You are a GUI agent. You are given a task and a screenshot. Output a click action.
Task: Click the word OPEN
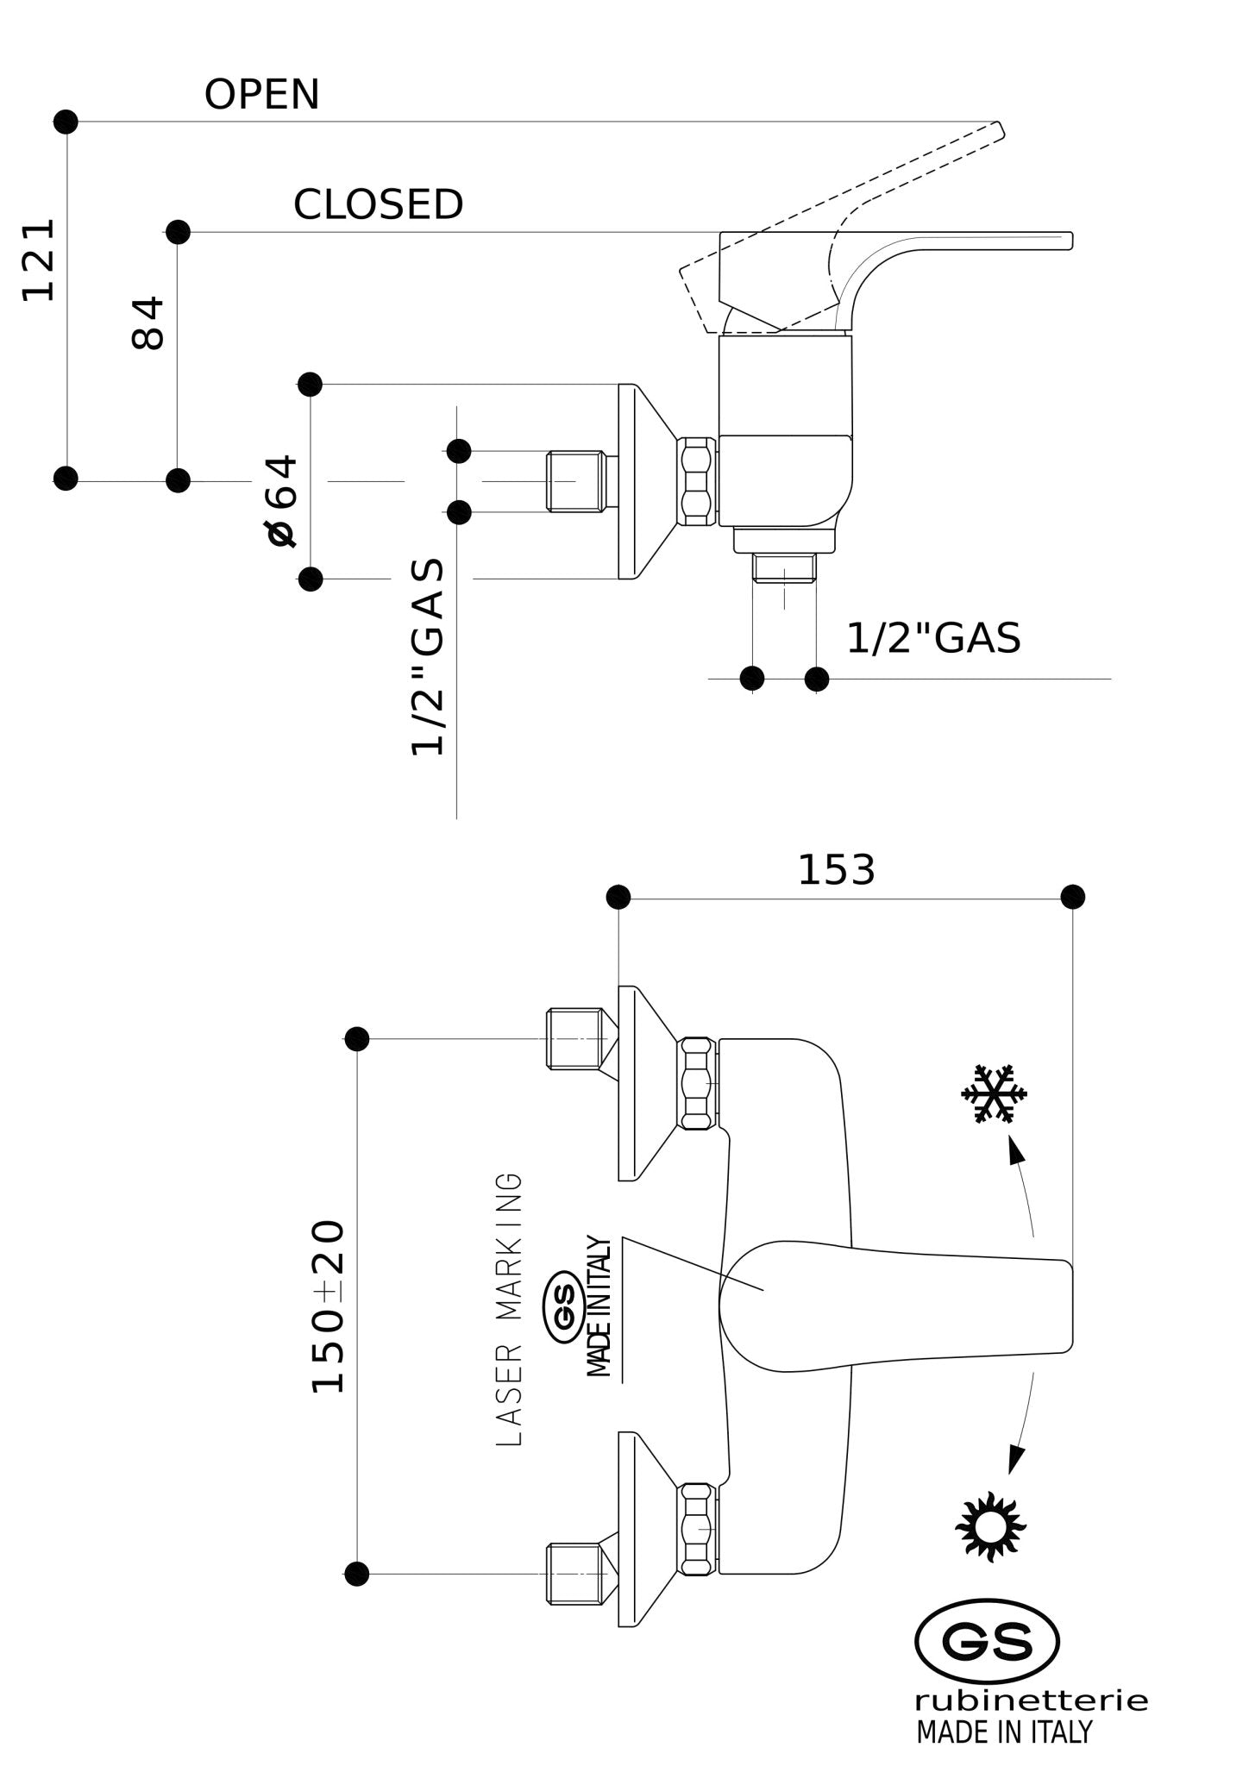[261, 94]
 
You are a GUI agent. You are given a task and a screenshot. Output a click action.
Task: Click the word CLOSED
[379, 204]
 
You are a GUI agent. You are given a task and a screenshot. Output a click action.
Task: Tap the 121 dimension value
[39, 260]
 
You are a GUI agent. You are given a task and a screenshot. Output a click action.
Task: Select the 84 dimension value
[147, 323]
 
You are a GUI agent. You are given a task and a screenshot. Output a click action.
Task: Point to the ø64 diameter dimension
[282, 500]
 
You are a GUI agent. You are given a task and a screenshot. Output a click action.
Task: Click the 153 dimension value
[836, 870]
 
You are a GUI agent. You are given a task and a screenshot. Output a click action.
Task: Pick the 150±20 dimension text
[328, 1306]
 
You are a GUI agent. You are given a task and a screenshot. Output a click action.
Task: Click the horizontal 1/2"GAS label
[933, 638]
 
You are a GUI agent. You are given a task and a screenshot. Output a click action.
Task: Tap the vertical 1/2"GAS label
[428, 657]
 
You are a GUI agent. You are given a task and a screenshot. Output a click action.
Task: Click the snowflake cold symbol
[994, 1094]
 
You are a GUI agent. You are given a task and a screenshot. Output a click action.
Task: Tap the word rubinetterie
[1031, 1700]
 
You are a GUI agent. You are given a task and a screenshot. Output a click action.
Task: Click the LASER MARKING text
[510, 1308]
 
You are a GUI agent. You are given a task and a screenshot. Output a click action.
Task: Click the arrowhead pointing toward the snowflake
[1016, 1151]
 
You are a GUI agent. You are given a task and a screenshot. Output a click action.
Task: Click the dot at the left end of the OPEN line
[66, 122]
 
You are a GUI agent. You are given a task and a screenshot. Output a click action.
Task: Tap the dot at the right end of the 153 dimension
[1072, 897]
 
